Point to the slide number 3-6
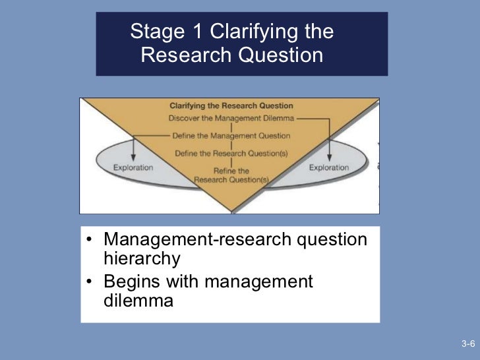click(x=468, y=344)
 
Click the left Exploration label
click(x=133, y=167)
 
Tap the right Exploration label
click(x=328, y=167)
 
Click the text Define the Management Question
click(x=231, y=136)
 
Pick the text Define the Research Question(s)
click(x=231, y=154)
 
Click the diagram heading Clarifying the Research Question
click(x=231, y=105)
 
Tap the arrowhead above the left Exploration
click(x=133, y=157)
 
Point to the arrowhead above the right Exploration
click(x=329, y=157)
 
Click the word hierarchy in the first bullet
click(x=141, y=259)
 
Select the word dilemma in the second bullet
click(x=138, y=302)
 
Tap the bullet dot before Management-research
click(x=89, y=240)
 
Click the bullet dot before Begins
click(x=89, y=283)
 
